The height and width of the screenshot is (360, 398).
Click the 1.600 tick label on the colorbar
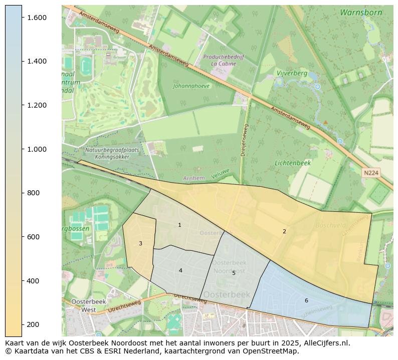(37, 18)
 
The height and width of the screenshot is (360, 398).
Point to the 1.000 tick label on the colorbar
(37, 149)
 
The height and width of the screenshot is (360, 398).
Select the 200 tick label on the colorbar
(33, 324)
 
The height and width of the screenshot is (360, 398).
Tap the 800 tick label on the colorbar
(33, 193)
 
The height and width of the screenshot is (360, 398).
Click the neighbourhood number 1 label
(179, 225)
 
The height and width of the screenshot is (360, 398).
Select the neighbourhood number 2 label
(284, 231)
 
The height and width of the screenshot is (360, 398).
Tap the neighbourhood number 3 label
(140, 244)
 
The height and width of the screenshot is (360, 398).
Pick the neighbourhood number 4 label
(180, 271)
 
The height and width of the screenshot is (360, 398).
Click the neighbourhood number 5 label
(234, 273)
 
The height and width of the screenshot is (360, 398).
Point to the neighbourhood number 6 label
(306, 300)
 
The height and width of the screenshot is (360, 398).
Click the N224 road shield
(371, 173)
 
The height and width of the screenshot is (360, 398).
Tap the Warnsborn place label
(360, 13)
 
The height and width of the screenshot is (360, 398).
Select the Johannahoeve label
(191, 86)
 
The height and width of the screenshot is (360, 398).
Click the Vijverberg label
(292, 73)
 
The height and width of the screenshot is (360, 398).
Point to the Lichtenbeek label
(293, 163)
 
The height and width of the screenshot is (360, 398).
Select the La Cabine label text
(227, 64)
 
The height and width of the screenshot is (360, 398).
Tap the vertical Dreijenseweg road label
(244, 140)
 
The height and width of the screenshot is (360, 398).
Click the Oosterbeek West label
(83, 305)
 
